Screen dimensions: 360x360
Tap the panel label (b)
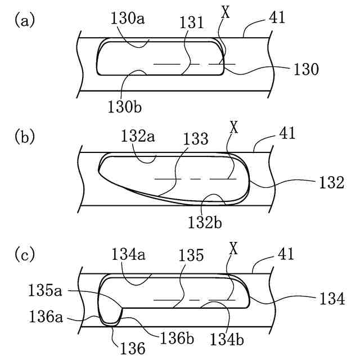[x=25, y=137]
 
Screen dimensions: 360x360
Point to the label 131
[x=192, y=23]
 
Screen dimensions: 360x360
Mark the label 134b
[x=227, y=339]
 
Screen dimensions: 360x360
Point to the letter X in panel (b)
[x=235, y=127]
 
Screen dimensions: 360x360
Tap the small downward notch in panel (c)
[x=111, y=318]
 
